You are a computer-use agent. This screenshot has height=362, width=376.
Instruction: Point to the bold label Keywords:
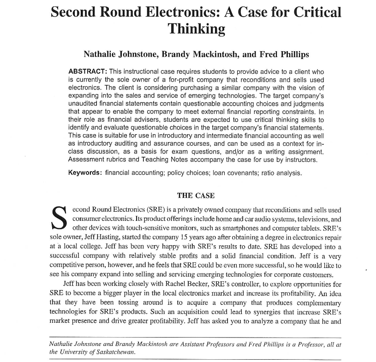(x=85, y=173)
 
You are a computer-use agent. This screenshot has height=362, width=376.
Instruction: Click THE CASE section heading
(x=196, y=196)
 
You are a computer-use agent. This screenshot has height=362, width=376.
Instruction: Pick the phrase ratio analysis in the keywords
(x=282, y=173)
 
